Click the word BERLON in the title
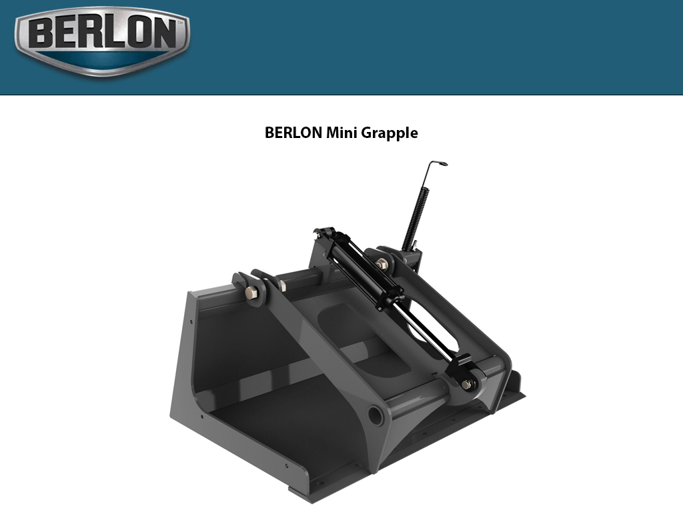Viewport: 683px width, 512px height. [293, 133]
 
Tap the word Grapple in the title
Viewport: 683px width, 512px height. [390, 133]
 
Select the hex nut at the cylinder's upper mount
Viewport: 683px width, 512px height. [382, 265]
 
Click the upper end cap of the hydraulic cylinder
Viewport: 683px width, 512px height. [325, 235]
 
